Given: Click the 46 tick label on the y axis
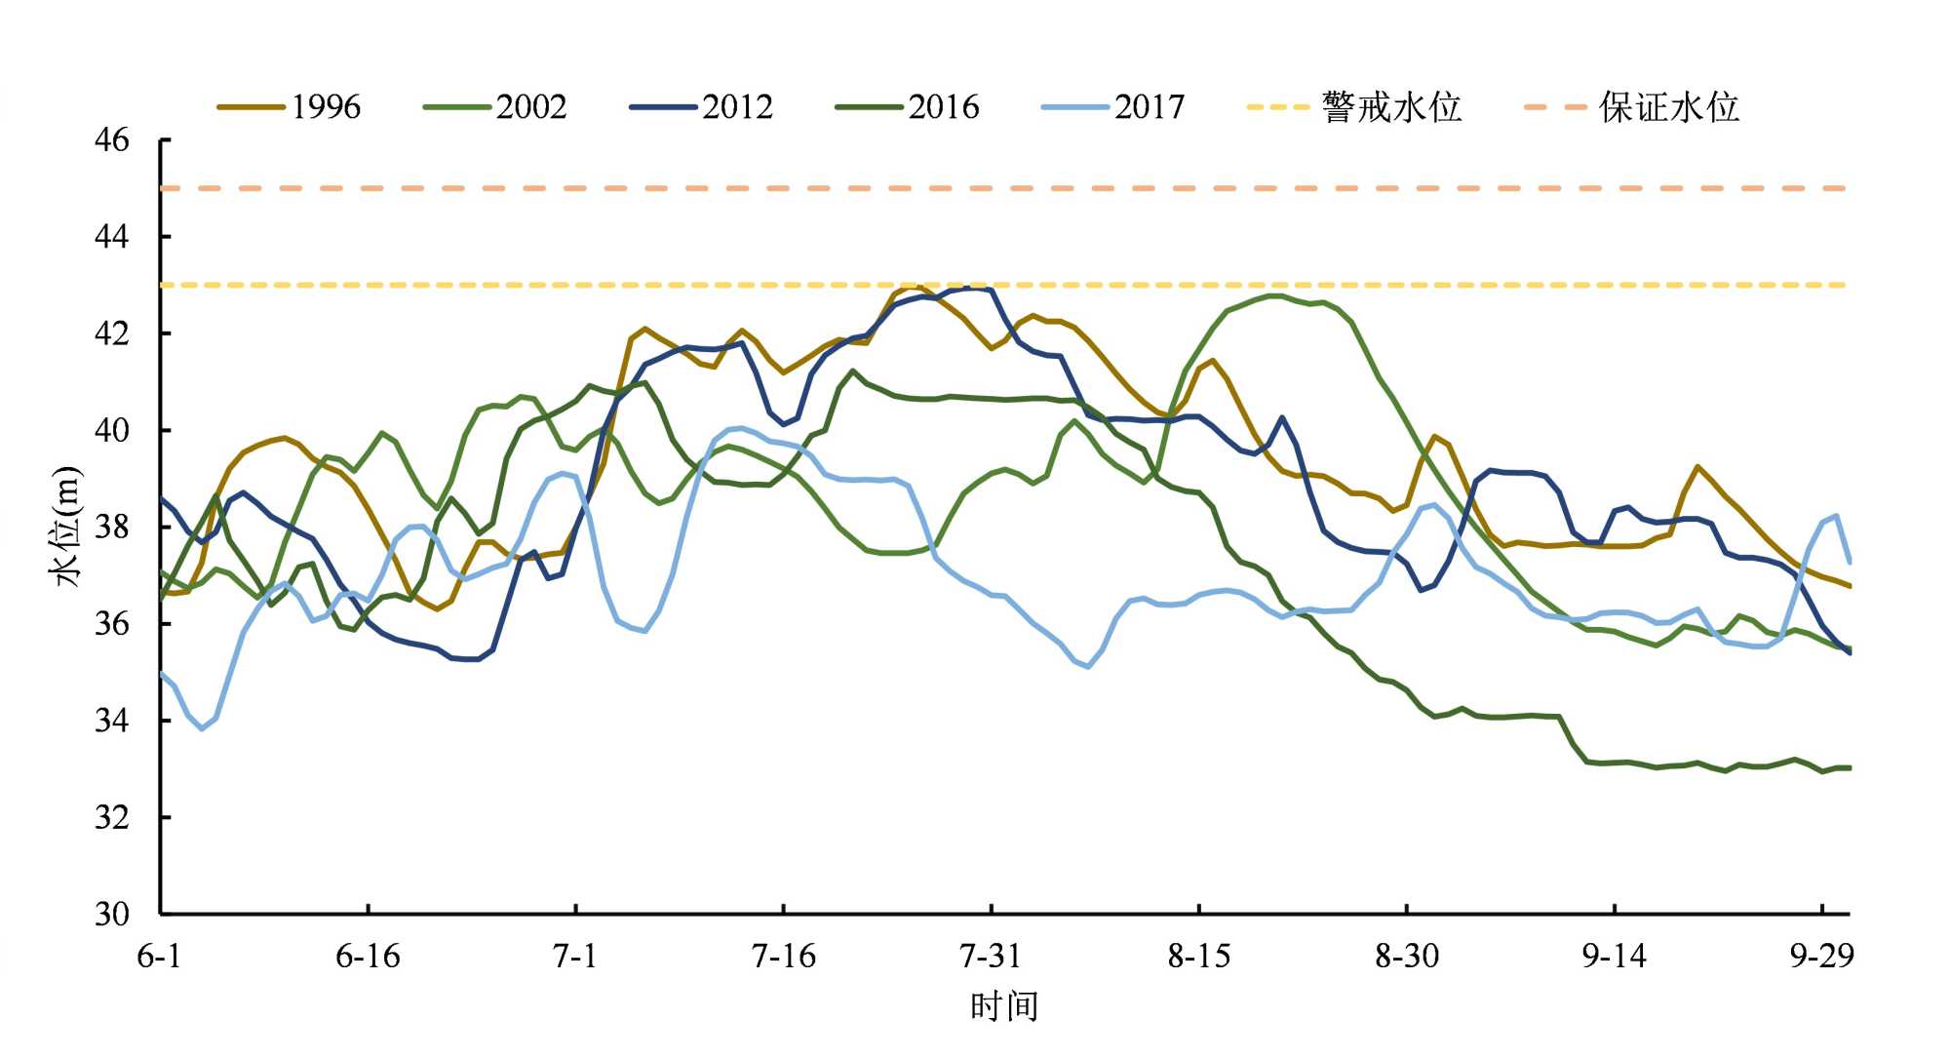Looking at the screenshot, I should click(x=111, y=140).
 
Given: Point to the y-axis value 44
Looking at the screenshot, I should click(x=111, y=237).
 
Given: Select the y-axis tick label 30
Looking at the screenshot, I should click(x=111, y=914).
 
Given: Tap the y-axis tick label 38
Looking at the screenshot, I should click(x=111, y=527).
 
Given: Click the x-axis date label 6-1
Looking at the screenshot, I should click(x=159, y=957).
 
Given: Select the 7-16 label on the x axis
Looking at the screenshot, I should click(x=784, y=957).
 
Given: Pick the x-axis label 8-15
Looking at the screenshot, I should click(x=1199, y=957).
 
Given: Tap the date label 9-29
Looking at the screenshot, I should click(x=1821, y=957).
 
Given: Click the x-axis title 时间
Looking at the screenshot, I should click(x=1003, y=1006).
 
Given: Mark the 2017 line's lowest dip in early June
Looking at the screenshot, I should click(x=203, y=728).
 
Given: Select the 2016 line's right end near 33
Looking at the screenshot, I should click(x=1849, y=768).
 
